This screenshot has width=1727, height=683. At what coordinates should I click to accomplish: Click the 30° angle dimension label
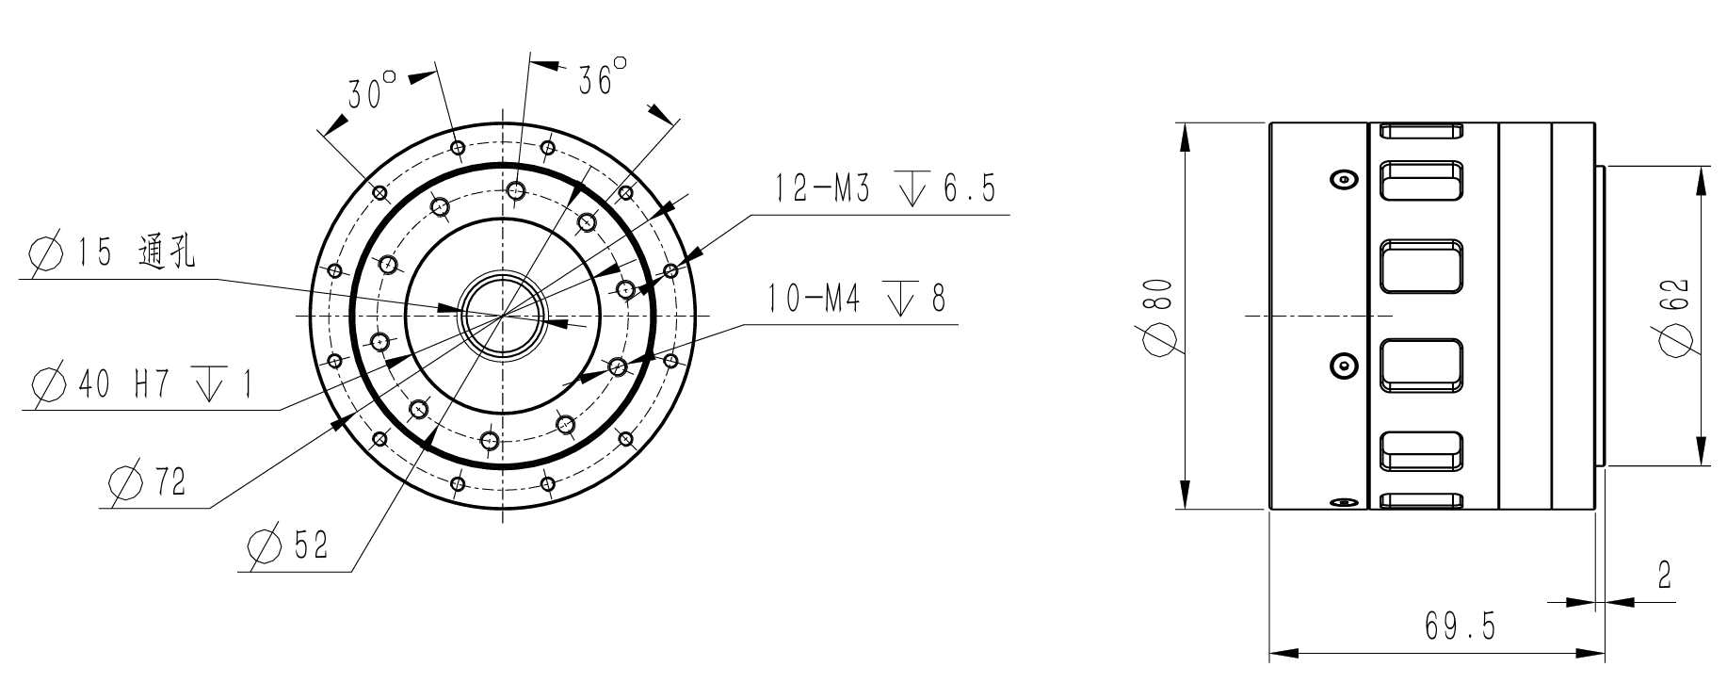click(371, 92)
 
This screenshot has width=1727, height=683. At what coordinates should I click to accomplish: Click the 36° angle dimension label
click(604, 78)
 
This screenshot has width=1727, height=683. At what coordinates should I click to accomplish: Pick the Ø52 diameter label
click(288, 545)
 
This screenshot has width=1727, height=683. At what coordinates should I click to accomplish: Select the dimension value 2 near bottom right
click(1664, 576)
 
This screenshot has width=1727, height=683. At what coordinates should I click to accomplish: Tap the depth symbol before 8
click(901, 300)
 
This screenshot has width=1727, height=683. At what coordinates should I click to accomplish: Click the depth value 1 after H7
click(247, 384)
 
